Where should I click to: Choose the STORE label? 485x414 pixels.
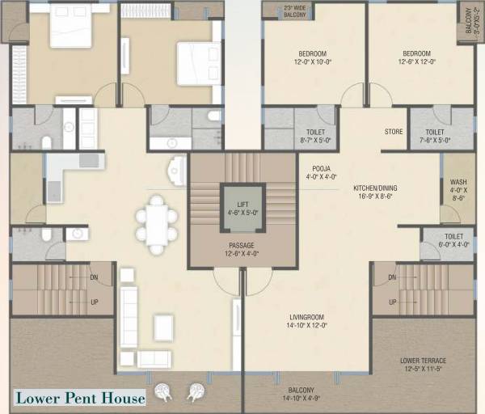(393, 132)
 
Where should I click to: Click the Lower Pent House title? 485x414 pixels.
(79, 397)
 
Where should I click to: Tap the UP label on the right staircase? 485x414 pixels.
(393, 302)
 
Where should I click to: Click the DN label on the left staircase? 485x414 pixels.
(95, 277)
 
